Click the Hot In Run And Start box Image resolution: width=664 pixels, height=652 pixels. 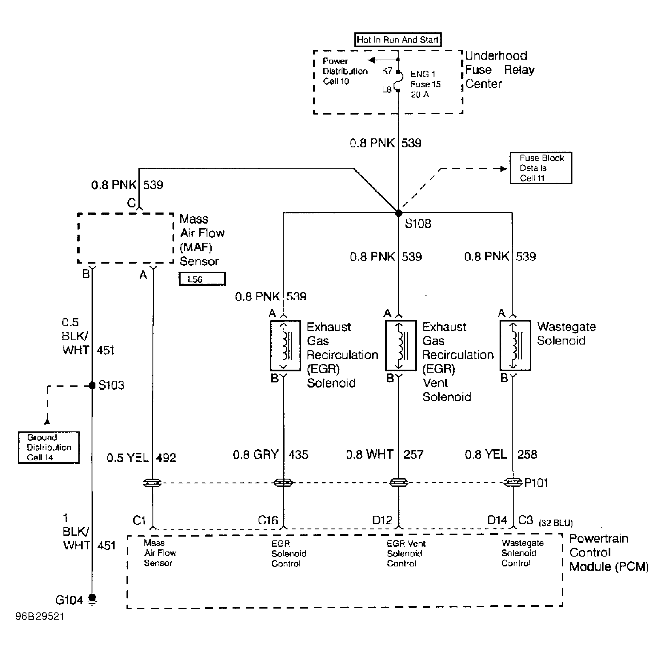(398, 40)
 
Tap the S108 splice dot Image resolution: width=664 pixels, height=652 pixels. (398, 213)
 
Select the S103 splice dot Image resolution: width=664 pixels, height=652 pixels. (92, 385)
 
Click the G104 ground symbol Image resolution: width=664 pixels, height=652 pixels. (92, 600)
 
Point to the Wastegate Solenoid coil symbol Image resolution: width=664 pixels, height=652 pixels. (515, 345)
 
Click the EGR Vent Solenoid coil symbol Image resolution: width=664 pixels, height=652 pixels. (400, 345)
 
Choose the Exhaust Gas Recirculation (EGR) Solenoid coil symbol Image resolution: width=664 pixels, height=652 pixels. (285, 345)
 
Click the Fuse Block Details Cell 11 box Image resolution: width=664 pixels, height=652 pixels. (541, 168)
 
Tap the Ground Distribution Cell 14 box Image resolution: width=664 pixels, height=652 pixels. (49, 447)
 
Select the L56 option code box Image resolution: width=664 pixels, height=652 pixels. (202, 279)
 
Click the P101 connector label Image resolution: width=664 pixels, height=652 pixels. (536, 483)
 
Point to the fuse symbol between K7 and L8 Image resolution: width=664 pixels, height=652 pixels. (398, 81)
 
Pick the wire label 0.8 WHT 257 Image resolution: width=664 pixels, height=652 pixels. (385, 454)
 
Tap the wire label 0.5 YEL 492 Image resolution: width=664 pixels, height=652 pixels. (141, 458)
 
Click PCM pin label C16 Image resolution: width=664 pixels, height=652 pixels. (268, 520)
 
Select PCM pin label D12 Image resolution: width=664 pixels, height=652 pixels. (382, 520)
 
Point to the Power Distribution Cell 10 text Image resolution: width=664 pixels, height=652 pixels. (345, 71)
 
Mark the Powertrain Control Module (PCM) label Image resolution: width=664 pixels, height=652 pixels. (609, 552)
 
